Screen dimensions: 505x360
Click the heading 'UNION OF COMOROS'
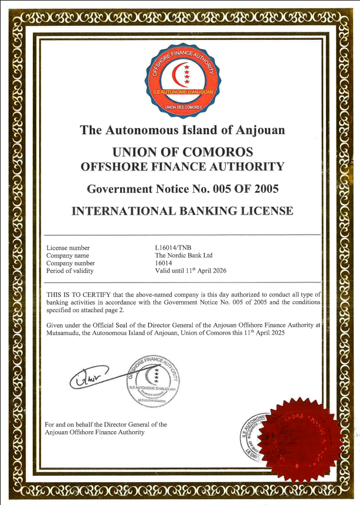click(182, 150)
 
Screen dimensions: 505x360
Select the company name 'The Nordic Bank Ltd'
click(184, 255)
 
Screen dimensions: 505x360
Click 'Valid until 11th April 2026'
click(190, 271)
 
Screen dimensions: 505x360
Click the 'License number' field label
click(68, 248)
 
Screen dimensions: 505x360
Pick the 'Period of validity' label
click(70, 271)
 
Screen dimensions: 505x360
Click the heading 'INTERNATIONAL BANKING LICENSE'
click(182, 211)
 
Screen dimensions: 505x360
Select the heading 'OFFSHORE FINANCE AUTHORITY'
click(182, 166)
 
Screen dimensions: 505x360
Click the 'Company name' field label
click(67, 255)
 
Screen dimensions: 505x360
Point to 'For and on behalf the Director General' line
click(106, 424)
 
